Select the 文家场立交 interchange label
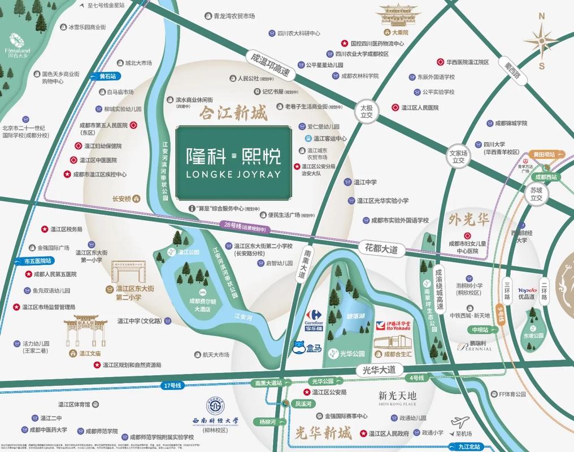[459, 157]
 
